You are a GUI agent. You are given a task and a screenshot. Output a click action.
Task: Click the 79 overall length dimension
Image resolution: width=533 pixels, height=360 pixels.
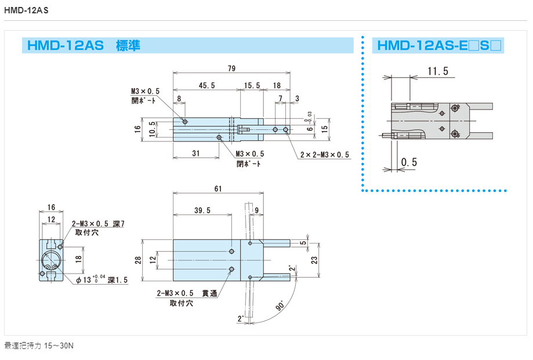[231, 69]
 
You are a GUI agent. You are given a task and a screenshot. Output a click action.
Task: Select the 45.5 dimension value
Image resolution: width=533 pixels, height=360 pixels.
[206, 85]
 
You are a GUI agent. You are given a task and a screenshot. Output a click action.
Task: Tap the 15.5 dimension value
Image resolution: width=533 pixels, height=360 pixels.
[252, 85]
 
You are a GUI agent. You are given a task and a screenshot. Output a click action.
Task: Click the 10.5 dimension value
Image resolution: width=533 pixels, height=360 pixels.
[152, 128]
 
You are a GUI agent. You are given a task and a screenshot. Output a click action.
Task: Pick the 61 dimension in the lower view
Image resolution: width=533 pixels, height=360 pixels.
[217, 189]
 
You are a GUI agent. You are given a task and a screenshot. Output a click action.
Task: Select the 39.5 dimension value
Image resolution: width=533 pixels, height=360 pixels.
[202, 210]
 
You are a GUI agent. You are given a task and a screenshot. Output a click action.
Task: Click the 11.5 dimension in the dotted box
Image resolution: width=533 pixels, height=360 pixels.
[438, 71]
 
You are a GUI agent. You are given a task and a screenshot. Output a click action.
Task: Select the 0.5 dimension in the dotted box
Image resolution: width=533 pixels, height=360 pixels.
[409, 162]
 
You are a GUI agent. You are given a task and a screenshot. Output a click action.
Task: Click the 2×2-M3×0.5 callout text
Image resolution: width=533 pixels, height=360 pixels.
[325, 155]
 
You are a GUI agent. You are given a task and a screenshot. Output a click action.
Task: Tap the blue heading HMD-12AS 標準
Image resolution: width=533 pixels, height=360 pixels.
[82, 46]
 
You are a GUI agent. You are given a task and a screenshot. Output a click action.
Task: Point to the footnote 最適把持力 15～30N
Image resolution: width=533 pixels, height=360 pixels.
[39, 346]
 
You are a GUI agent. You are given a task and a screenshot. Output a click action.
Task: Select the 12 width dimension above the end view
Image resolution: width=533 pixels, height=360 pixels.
[52, 219]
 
